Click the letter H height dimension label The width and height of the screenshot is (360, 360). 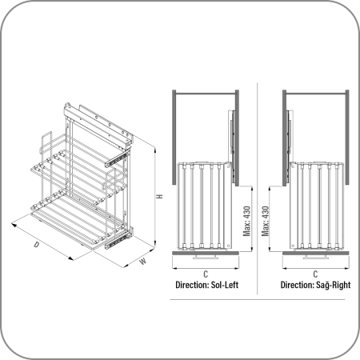(159, 197)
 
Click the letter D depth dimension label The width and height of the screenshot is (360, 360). (36, 244)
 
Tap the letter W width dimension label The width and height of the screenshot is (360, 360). (143, 261)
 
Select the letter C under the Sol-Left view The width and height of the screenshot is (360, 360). (206, 274)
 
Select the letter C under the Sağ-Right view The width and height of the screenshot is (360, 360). (315, 274)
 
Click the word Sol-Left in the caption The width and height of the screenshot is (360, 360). (225, 285)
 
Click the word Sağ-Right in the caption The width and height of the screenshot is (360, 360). (334, 285)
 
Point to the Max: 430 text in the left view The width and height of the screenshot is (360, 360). (247, 221)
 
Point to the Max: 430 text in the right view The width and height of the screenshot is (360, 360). (266, 221)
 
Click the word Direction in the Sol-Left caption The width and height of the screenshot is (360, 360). (192, 285)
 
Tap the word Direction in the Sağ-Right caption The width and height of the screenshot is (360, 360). (297, 285)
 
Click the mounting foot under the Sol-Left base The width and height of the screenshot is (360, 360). (206, 257)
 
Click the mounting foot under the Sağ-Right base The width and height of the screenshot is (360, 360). (316, 257)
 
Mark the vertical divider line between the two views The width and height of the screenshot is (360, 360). (258, 189)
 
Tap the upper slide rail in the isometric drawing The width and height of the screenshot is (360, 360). (117, 158)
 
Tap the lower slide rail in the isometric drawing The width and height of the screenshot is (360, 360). (118, 238)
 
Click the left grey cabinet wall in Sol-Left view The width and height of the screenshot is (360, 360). (174, 138)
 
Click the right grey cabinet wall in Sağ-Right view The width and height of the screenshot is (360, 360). (347, 138)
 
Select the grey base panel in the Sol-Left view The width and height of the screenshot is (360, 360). (206, 253)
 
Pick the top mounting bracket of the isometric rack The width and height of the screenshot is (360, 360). (98, 124)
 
